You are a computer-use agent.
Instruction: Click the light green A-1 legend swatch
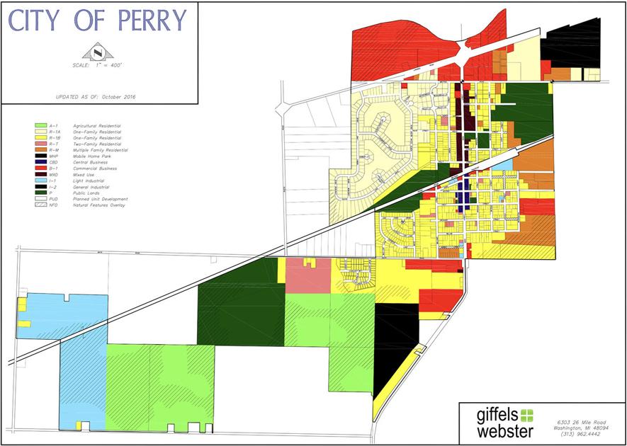point(41,125)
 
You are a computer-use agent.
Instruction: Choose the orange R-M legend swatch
point(41,151)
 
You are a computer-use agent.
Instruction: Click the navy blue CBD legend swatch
point(41,163)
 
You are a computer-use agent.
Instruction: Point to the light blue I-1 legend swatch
point(41,181)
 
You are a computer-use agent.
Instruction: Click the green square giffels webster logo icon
point(526,416)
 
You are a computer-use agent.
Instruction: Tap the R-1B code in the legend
point(55,138)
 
